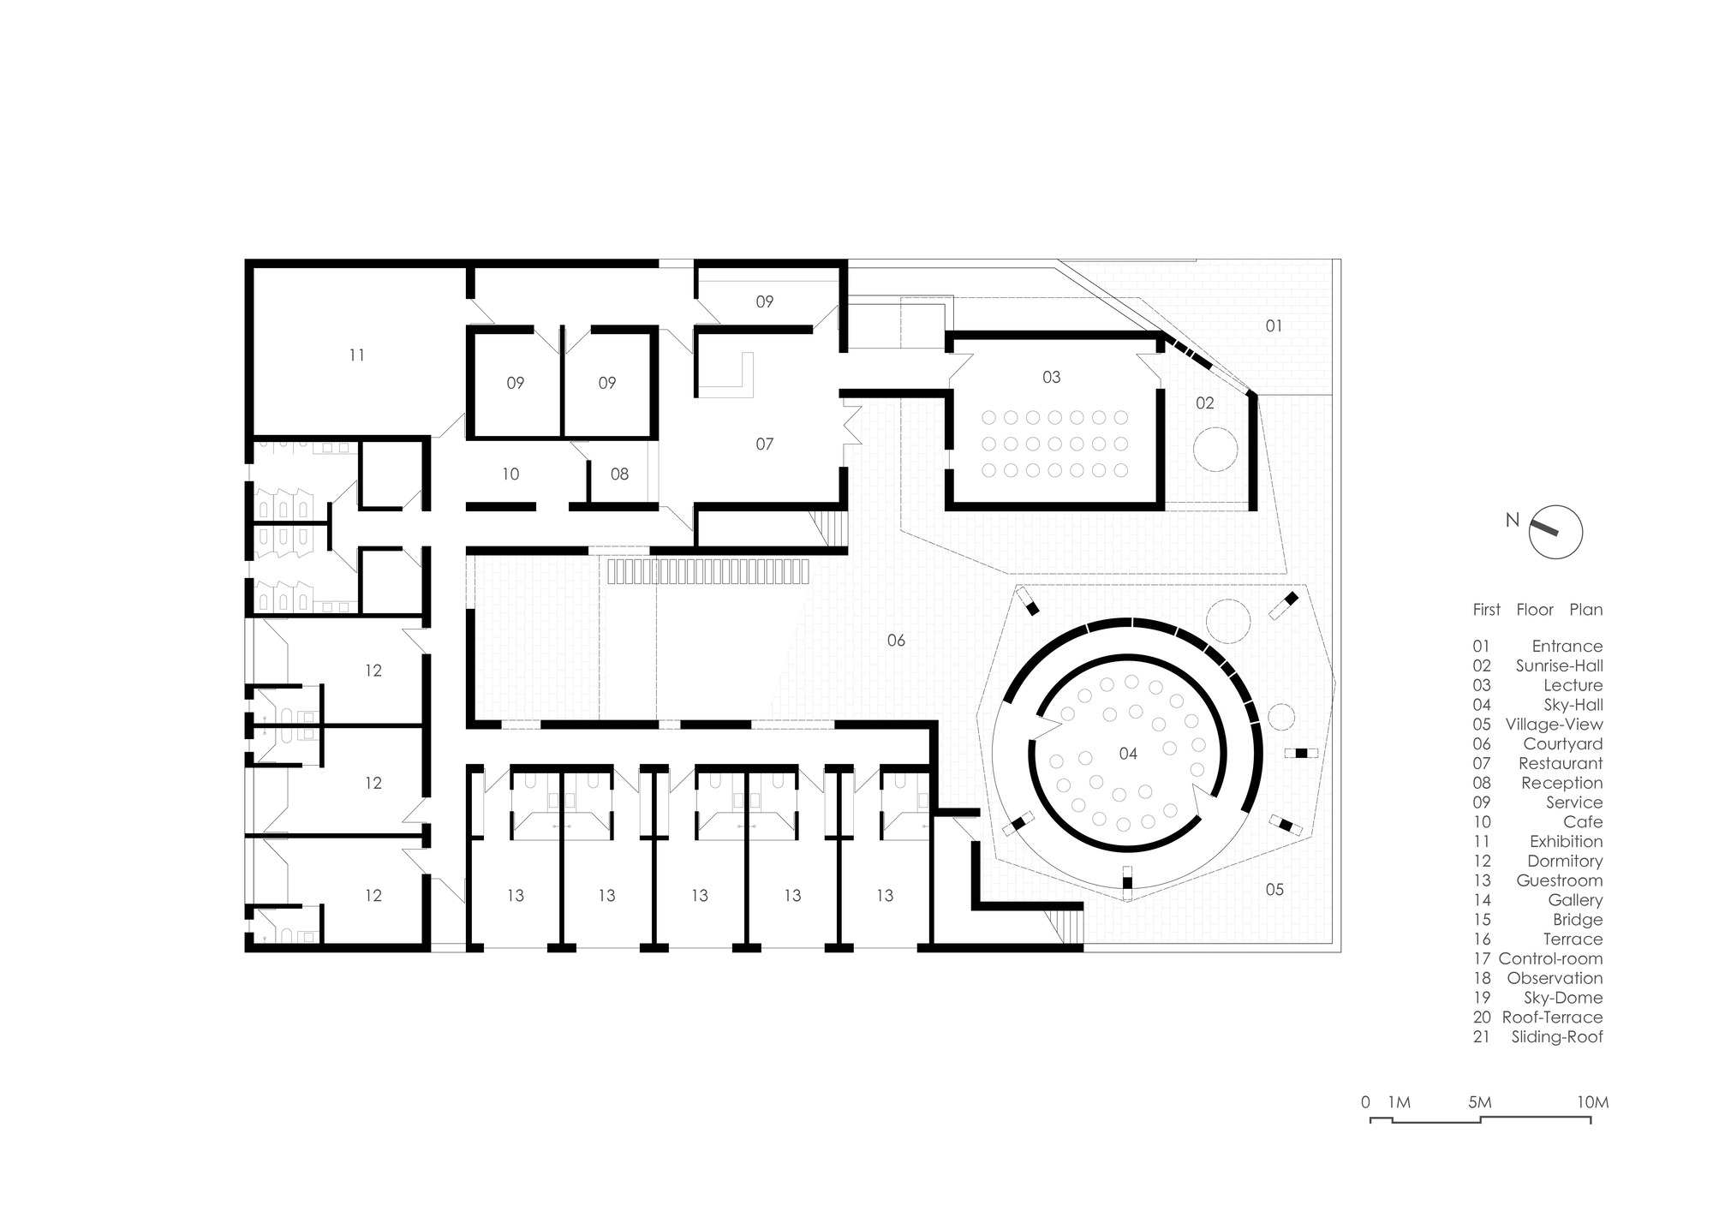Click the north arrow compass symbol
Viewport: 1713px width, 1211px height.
1555,532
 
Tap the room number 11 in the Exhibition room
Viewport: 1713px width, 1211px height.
357,355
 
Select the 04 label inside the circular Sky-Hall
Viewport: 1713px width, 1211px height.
1128,754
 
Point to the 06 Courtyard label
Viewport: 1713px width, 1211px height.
896,640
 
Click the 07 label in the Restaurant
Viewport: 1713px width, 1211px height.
764,444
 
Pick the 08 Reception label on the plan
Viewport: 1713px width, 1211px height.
619,474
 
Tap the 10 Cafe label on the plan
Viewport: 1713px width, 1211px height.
510,474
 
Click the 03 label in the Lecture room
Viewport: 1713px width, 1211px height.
1051,377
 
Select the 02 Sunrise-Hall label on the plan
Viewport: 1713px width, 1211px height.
1204,403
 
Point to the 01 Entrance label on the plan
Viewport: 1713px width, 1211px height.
1274,325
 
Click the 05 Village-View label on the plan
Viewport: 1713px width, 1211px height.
1274,889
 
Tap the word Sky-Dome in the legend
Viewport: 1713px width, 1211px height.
1563,998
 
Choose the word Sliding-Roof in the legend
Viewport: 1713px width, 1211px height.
1557,1037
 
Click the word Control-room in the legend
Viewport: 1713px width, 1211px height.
1550,959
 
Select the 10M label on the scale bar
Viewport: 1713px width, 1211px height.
1593,1102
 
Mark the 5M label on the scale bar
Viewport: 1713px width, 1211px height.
1480,1102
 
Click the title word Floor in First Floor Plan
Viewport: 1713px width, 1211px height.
1535,610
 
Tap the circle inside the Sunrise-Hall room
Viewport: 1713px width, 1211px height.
1215,448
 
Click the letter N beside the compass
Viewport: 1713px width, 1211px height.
1513,520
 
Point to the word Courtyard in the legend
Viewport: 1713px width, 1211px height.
1562,744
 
